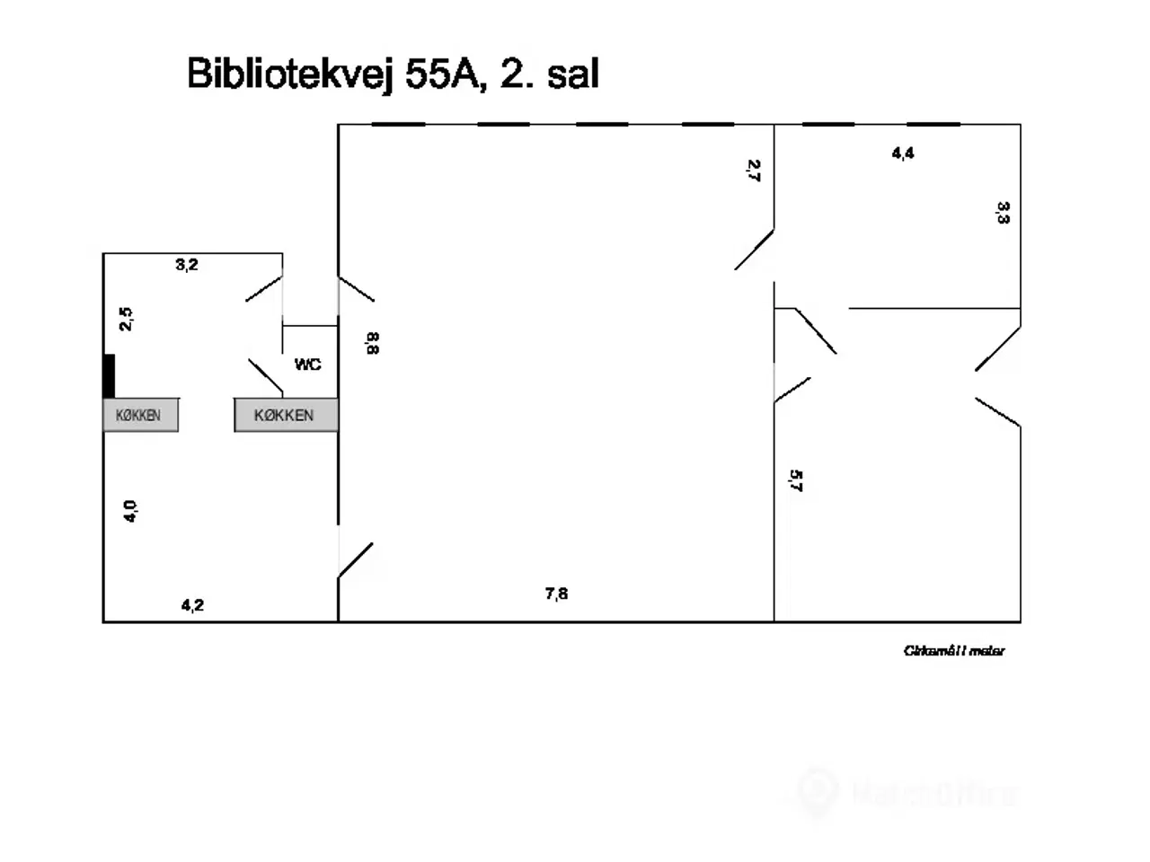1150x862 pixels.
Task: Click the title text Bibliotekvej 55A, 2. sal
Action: (393, 74)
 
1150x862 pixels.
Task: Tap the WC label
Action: (307, 365)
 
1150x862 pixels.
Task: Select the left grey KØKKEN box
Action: (140, 415)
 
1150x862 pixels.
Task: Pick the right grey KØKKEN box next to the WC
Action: (286, 415)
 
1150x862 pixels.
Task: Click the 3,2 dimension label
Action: (187, 265)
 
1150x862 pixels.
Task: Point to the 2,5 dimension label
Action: (127, 319)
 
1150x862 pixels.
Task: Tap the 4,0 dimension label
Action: (130, 511)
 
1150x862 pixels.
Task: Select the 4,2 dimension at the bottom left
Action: (192, 605)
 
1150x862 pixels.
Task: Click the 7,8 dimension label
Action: (556, 594)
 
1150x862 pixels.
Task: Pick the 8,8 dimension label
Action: (372, 343)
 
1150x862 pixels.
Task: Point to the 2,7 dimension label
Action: (754, 171)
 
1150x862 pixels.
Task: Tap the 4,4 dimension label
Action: (903, 154)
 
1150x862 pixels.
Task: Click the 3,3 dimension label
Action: (1004, 213)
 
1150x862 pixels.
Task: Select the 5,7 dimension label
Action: (795, 481)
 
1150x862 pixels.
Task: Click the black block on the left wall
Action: (109, 376)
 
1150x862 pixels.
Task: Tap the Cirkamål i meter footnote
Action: (954, 651)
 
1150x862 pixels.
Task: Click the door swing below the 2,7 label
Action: (755, 250)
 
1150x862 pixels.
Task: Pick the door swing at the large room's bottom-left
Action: (356, 559)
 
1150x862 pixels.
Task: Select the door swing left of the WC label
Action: (265, 376)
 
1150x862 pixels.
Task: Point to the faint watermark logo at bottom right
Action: (907, 793)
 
